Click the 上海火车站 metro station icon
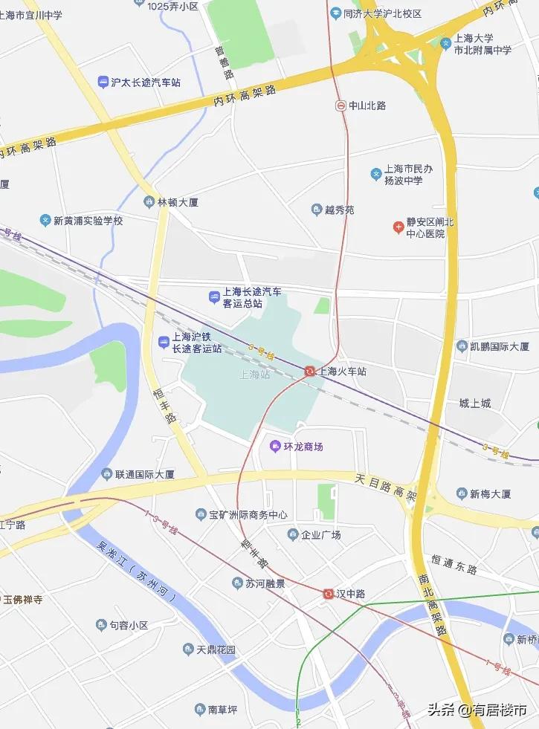pyautogui.click(x=309, y=371)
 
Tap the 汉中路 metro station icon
pyautogui.click(x=328, y=594)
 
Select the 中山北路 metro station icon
pyautogui.click(x=340, y=106)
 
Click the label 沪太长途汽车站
pyautogui.click(x=146, y=82)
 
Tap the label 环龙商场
pyautogui.click(x=303, y=447)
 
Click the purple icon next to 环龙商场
pyautogui.click(x=275, y=447)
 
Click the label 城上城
pyautogui.click(x=475, y=404)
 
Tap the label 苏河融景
pyautogui.click(x=265, y=583)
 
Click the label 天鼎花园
pyautogui.click(x=216, y=650)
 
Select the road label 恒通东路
pyautogui.click(x=454, y=564)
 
